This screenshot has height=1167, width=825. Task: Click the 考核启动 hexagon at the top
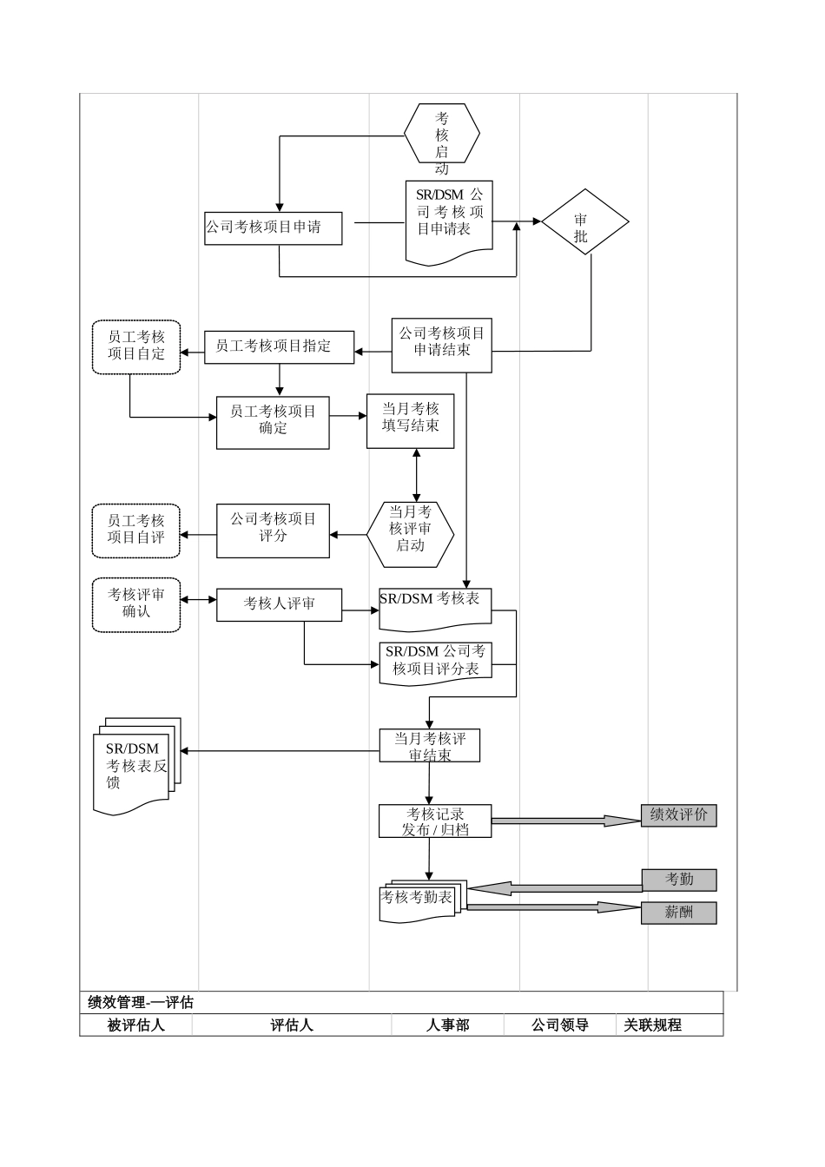tap(442, 133)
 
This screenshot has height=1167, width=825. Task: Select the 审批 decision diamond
tap(584, 222)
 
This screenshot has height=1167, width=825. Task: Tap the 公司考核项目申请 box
tap(273, 228)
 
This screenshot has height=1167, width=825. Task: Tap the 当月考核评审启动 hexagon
tap(410, 533)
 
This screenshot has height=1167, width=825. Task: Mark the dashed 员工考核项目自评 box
tap(136, 531)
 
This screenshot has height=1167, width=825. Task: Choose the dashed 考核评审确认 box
tap(136, 604)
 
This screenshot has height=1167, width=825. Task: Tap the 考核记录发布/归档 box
tap(435, 821)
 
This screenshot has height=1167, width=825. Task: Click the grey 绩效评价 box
tap(679, 815)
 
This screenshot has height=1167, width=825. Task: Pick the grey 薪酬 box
tap(679, 913)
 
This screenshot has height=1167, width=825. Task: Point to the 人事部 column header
tap(447, 1025)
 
